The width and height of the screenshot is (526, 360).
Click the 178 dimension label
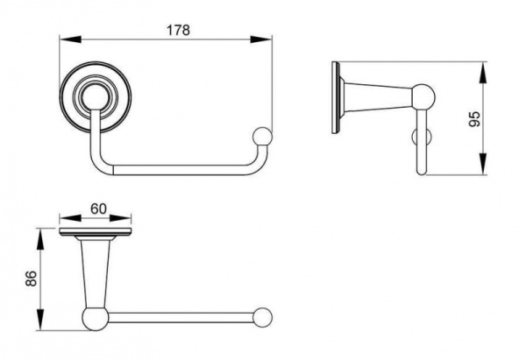tap(179, 30)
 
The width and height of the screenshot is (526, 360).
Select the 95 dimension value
tap(474, 118)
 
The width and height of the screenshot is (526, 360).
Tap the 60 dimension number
tap(98, 208)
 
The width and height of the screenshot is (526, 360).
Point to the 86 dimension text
tap(31, 279)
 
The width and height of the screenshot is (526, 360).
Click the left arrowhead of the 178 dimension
tap(70, 39)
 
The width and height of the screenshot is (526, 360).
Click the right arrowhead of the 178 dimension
tap(261, 39)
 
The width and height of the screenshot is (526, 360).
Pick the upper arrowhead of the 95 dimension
tap(483, 73)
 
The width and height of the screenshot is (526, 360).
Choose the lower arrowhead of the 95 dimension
tap(483, 164)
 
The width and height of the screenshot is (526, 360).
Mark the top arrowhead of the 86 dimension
tap(40, 239)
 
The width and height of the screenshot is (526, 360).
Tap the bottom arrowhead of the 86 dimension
tap(40, 320)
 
